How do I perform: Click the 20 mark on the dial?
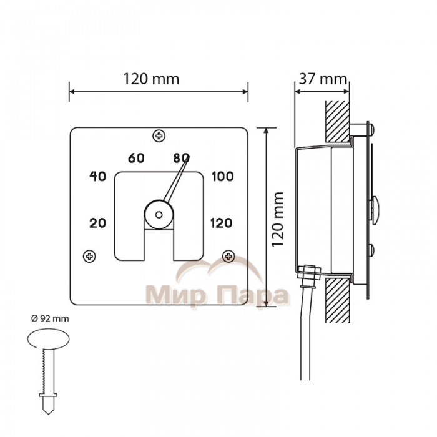coord(97,223)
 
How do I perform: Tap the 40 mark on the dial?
coord(97,176)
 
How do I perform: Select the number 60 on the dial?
coord(136,158)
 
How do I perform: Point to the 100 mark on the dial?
coord(222,177)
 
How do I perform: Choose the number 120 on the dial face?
coord(221,223)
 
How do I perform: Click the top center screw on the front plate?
coord(159,136)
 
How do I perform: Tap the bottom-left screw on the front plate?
coord(89,256)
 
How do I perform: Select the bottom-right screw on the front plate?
coord(228,256)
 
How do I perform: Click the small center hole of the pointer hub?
coord(159,215)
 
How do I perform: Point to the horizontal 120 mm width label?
coord(151,79)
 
